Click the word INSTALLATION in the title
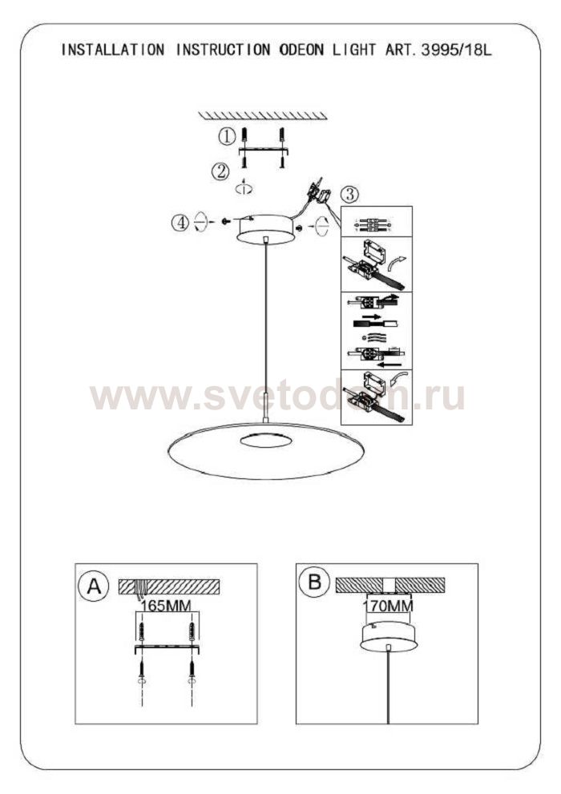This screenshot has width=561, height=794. tap(112, 50)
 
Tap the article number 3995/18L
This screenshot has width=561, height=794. tap(453, 50)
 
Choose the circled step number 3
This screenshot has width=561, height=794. tap(350, 194)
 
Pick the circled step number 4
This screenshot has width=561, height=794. tap(180, 222)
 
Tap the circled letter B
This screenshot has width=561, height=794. tap(314, 582)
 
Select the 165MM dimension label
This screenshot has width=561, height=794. tap(166, 606)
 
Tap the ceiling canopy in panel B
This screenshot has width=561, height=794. tap(388, 636)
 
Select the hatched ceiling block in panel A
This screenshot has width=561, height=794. tap(169, 586)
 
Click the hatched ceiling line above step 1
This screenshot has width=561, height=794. tap(263, 115)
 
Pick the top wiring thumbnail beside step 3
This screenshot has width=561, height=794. tap(376, 222)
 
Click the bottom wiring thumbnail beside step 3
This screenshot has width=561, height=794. tap(376, 397)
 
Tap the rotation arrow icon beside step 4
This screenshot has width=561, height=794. tap(200, 221)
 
